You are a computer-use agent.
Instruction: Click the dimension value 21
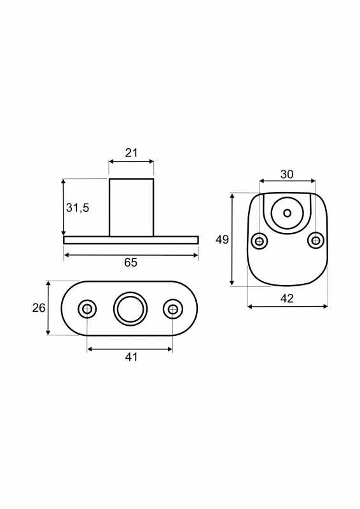click(x=131, y=153)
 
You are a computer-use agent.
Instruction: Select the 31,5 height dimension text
click(x=78, y=208)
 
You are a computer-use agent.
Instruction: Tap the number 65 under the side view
click(x=131, y=263)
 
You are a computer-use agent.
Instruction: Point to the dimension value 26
click(x=39, y=308)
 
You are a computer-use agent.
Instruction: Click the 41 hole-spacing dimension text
click(x=131, y=357)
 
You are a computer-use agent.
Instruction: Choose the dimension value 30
click(x=287, y=174)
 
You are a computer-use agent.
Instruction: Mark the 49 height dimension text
click(x=223, y=240)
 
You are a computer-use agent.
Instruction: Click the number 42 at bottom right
click(x=287, y=298)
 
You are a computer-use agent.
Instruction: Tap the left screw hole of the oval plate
click(x=87, y=309)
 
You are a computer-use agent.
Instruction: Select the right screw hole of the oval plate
click(x=173, y=309)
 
